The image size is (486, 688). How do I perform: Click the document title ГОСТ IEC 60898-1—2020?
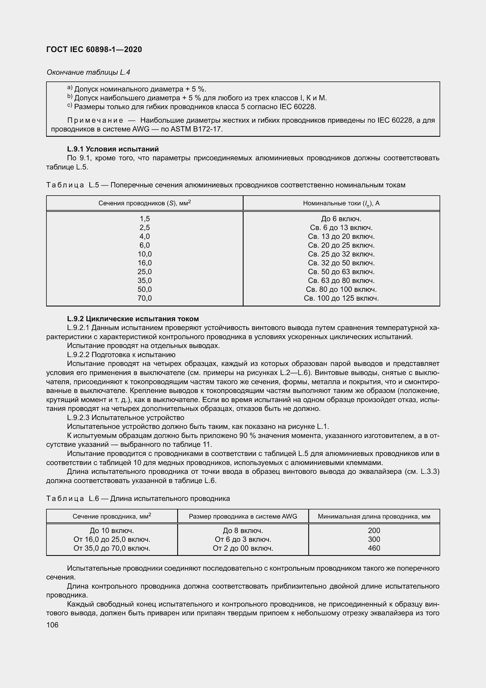[94, 49]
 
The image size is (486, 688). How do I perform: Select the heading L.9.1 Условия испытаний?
[113, 149]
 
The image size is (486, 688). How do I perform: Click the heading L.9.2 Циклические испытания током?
[133, 319]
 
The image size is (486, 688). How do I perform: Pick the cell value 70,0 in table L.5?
[145, 298]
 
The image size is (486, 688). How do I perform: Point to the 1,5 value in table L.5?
[145, 219]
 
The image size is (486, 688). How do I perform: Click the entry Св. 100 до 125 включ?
[341, 298]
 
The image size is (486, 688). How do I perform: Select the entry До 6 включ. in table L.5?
[341, 219]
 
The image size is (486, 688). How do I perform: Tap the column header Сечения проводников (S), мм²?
[145, 203]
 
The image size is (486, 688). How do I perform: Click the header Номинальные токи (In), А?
[341, 203]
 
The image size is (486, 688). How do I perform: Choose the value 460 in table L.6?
[374, 548]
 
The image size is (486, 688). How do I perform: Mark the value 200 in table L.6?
[374, 530]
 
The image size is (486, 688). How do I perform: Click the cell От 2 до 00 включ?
[243, 548]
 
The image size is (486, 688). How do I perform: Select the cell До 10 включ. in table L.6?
[112, 530]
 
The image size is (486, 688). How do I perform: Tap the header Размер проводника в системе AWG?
[243, 516]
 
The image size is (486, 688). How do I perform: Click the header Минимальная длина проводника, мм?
[374, 516]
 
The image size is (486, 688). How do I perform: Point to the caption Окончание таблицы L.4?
[88, 72]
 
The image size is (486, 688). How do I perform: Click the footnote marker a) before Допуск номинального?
[70, 88]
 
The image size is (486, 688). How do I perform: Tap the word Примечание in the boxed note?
[95, 121]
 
